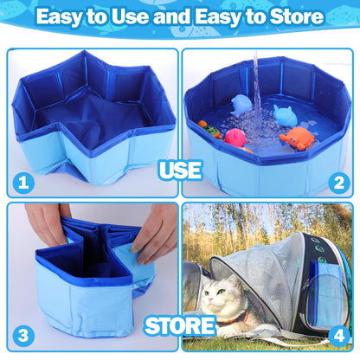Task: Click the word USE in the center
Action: pos(180,170)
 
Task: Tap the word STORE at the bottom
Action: pos(180,326)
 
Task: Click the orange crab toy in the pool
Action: pos(296,137)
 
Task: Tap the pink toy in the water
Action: pos(235,137)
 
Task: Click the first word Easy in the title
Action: pos(66,16)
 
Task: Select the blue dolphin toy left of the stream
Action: pos(241,104)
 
